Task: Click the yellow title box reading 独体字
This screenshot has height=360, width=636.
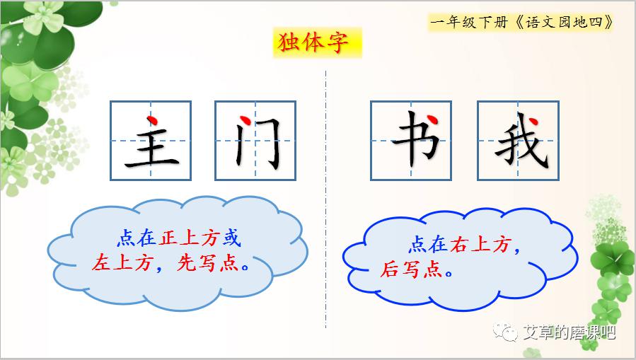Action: (x=317, y=42)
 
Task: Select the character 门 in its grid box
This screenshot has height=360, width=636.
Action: (x=258, y=142)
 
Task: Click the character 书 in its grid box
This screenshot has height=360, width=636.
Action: (x=416, y=139)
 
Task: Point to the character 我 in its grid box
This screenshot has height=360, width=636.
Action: (x=521, y=140)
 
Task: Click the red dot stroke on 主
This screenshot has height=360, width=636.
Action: (x=152, y=120)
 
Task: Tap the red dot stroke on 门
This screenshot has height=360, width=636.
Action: (x=245, y=120)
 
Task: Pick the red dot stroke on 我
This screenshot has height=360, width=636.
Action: (x=533, y=121)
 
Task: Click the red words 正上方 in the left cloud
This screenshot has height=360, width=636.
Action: (x=189, y=238)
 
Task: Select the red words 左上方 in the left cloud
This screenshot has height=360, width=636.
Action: (x=122, y=262)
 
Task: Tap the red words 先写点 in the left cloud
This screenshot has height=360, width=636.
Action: (x=208, y=262)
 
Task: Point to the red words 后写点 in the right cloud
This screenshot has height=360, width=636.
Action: (x=411, y=269)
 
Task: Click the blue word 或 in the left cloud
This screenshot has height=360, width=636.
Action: (x=231, y=238)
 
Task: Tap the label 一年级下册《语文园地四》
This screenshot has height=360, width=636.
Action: (x=521, y=22)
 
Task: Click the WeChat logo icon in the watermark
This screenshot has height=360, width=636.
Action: (x=505, y=332)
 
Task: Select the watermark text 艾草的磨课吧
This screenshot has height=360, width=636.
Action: (x=569, y=332)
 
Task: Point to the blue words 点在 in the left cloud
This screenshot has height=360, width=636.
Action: (x=137, y=238)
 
